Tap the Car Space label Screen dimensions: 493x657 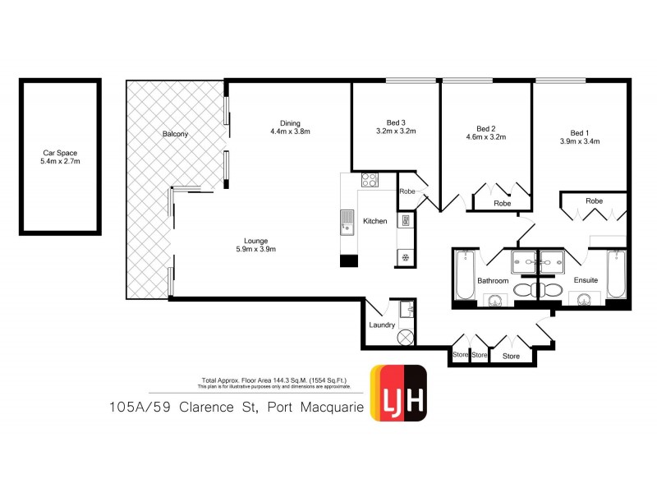(60, 153)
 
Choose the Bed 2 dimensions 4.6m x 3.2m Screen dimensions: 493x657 (486, 137)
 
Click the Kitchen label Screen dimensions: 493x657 (375, 222)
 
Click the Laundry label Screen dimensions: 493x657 (383, 325)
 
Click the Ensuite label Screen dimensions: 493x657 (586, 281)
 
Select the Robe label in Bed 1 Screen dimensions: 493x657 (595, 200)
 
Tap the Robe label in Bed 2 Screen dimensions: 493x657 (502, 204)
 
